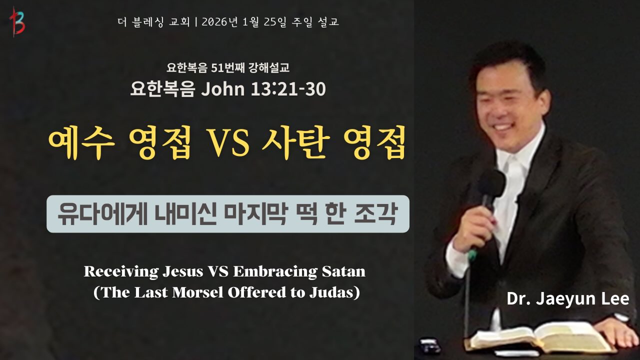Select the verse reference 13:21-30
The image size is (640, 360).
coord(294,89)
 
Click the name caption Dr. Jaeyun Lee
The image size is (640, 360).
coord(567,299)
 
